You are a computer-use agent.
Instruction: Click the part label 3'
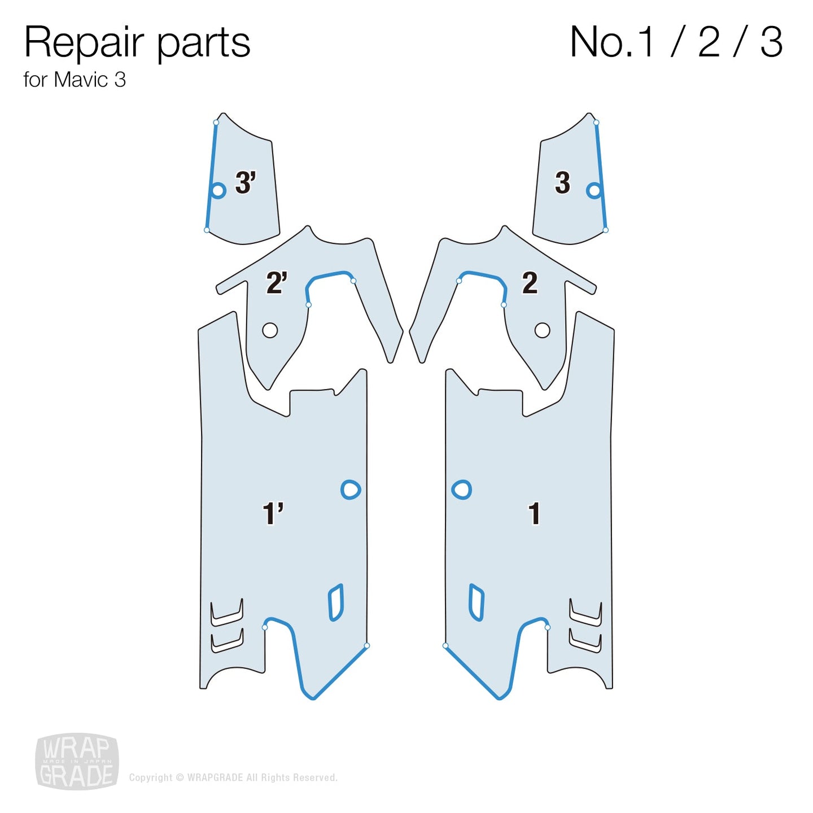point(245,183)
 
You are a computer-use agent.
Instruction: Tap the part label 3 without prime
point(562,183)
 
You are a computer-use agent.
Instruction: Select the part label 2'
point(276,283)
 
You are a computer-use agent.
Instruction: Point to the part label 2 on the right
point(530,283)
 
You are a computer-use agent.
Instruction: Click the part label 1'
point(273,514)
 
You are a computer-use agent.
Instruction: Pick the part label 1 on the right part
point(534,514)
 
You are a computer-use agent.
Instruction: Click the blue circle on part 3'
point(218,190)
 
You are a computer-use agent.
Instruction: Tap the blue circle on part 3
point(594,190)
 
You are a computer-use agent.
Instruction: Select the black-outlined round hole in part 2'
point(270,330)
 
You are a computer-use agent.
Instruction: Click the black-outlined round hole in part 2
point(542,330)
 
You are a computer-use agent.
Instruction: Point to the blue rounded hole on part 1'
point(351,489)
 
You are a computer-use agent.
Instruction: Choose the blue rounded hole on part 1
point(462,489)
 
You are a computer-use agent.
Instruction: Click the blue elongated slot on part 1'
point(336,602)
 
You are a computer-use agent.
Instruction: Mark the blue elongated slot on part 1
point(477,602)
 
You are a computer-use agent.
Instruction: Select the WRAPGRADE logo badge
point(77,762)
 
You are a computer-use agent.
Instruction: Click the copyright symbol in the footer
point(180,777)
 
